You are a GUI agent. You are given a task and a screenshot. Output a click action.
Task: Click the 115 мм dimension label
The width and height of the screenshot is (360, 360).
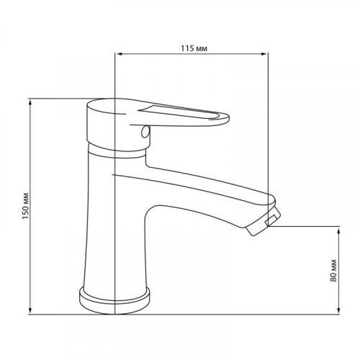pyautogui.click(x=192, y=47)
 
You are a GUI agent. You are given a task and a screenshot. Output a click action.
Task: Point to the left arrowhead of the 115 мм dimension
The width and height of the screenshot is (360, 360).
pyautogui.click(x=119, y=53)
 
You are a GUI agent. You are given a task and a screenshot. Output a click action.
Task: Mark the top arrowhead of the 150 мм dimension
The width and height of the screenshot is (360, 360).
pyautogui.click(x=30, y=102)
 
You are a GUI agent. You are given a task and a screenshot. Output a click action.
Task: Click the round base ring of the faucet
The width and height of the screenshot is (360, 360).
pyautogui.click(x=115, y=300)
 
